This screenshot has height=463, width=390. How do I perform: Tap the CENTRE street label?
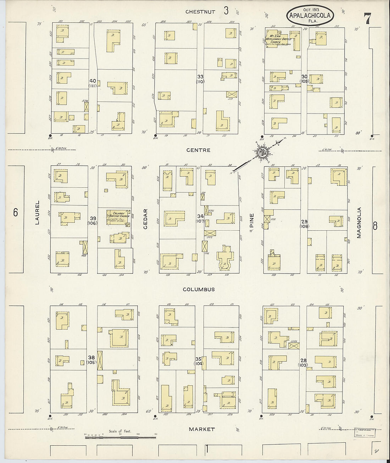coord(198,150)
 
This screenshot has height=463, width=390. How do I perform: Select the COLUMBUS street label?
coord(199,289)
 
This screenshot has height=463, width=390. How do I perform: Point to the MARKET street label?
coord(201,429)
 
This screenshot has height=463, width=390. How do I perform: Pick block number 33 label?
coord(200,77)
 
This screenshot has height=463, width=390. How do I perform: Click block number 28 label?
coord(303,360)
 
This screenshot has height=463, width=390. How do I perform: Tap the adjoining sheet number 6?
coord(15,212)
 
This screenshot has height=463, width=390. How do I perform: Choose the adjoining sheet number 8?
coord(374,226)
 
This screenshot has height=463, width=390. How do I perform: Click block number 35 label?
coord(199,359)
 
